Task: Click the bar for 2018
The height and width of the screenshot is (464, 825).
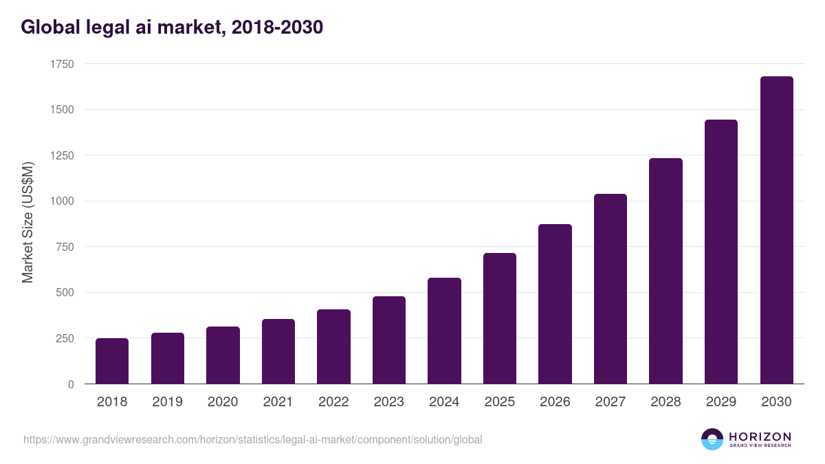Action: coord(112,361)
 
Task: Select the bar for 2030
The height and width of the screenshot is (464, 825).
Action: coord(776,230)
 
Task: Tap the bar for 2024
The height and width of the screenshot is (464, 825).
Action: coord(444,331)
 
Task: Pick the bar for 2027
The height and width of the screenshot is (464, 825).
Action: coord(610,289)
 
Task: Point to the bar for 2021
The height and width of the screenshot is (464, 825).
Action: coord(278,351)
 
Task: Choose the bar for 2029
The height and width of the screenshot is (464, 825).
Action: coord(721,252)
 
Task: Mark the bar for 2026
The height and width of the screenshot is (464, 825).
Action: coord(555,304)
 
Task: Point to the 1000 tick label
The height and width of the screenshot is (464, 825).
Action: coord(62,201)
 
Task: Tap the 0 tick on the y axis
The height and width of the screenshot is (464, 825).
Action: coord(71,384)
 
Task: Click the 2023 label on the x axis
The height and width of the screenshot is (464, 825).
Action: coord(389,402)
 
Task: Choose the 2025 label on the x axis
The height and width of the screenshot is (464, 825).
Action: coord(500,402)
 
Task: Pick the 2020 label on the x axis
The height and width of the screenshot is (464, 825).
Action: coord(223,402)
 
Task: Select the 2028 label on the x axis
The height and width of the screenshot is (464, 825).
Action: coord(665,402)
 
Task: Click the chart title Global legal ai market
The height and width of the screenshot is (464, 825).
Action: coord(172,27)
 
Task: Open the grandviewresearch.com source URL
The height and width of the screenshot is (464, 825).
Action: coord(252,439)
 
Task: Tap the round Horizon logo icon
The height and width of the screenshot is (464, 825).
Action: coord(712,439)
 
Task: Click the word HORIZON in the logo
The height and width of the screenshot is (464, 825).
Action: coord(760,436)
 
